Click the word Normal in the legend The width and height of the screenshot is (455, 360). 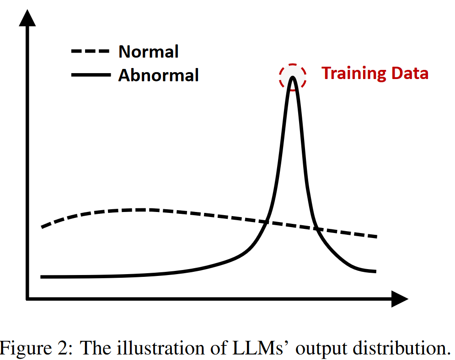tap(148, 52)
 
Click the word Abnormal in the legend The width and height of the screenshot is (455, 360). tap(158, 74)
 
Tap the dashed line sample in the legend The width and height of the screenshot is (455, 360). tap(91, 52)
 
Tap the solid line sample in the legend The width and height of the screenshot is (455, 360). tap(91, 74)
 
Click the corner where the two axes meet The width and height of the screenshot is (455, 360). tap(28, 299)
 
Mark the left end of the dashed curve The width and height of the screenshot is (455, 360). tap(42, 227)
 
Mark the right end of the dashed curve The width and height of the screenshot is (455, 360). tap(376, 237)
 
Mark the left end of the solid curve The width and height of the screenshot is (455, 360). tap(42, 277)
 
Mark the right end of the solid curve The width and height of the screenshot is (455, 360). tap(375, 271)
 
